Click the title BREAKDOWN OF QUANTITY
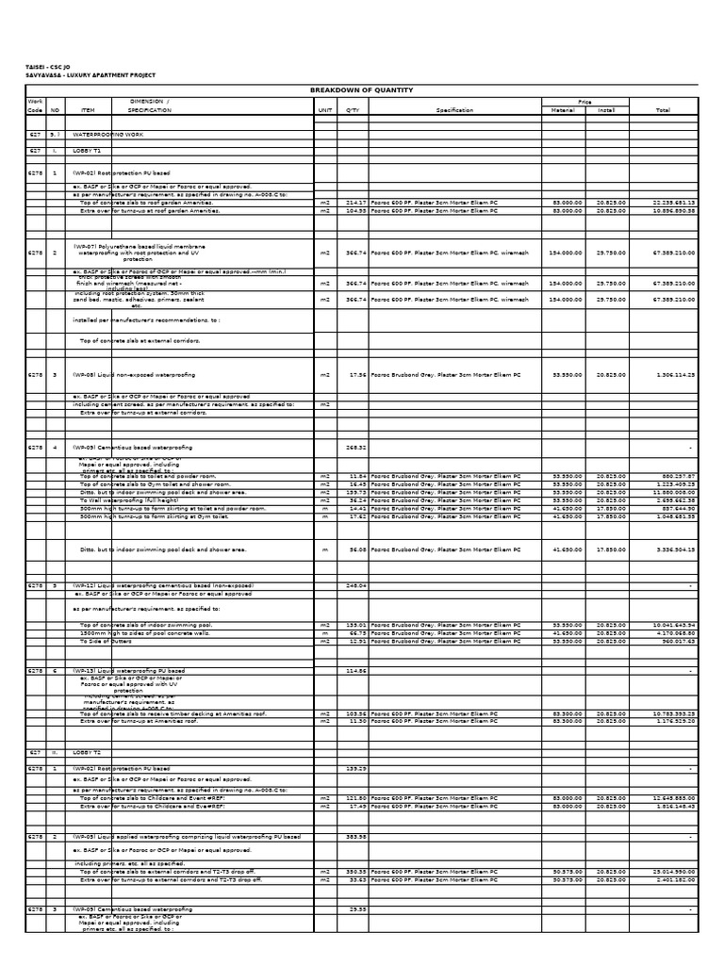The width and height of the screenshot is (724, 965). pos(362,90)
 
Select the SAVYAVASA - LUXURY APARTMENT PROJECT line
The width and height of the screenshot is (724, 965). pos(90,75)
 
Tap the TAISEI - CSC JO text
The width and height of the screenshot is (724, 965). pos(47,68)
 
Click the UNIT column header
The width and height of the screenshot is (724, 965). pos(326,110)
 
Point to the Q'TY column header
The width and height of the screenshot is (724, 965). pos(354,110)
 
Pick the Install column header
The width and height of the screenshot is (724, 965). pos(606,110)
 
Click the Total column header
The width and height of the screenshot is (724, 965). pos(663,110)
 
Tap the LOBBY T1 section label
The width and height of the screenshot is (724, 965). pos(87,151)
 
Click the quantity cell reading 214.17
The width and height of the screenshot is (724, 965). pos(355,203)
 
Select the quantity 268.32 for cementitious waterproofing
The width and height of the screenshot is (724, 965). pos(355,448)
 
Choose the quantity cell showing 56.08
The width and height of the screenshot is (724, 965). pos(357,548)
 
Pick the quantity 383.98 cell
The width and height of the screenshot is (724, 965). pos(355,837)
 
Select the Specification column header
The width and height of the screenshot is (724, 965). pos(454,110)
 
